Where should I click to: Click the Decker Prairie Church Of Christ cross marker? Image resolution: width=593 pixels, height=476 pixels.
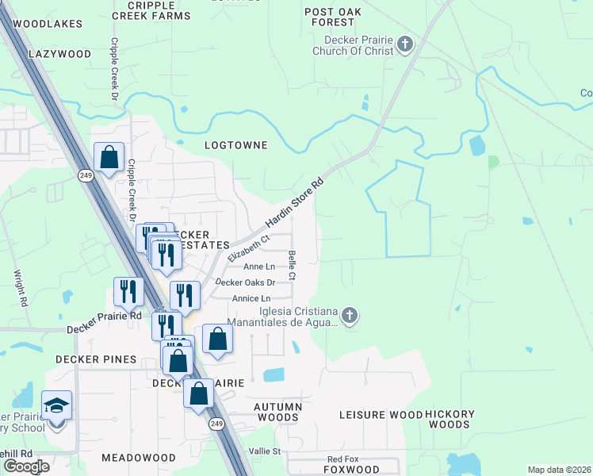pos(406,44)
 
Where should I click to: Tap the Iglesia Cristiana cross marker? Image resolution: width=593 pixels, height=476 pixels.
pos(350,317)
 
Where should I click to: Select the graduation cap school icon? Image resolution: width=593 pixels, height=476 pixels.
pos(56,407)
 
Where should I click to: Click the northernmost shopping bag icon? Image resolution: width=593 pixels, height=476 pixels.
pos(109,157)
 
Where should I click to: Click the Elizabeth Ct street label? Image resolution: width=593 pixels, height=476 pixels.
pos(249,248)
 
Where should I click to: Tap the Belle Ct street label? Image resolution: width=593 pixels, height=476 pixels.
pos(292,266)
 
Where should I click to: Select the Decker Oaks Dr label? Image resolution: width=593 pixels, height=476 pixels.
pos(246,282)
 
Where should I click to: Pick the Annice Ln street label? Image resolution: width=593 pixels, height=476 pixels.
pos(251,298)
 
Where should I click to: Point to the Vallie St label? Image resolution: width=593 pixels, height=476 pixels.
pos(265,451)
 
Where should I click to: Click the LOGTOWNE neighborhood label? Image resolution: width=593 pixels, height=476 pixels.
pos(235,145)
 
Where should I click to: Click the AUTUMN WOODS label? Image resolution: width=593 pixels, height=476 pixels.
pos(277,412)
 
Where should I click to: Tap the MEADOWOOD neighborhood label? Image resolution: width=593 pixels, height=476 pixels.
pos(139,458)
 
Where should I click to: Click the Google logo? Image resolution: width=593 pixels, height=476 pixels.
pos(25,466)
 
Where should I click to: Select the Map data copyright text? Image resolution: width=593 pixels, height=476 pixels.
pos(559,470)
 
